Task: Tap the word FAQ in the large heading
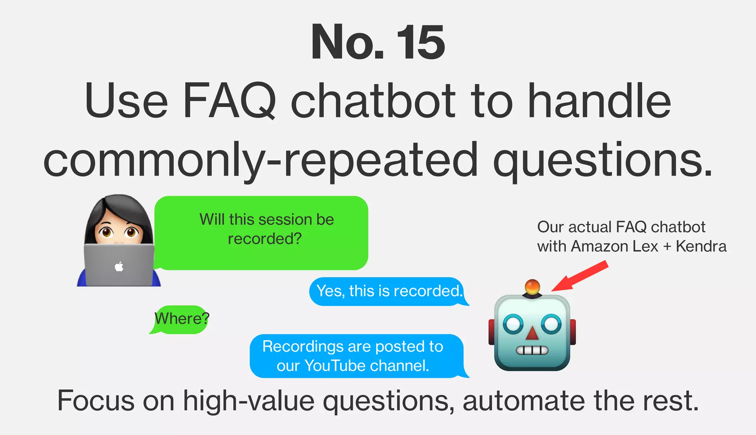(x=229, y=101)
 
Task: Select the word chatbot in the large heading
(x=373, y=101)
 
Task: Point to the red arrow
(x=580, y=276)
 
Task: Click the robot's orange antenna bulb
(x=532, y=287)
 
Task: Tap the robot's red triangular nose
(x=532, y=333)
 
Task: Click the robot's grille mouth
(x=532, y=350)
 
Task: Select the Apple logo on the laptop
(x=119, y=266)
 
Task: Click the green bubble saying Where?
(x=181, y=319)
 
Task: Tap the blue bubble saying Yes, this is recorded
(x=389, y=291)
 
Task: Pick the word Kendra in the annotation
(x=701, y=246)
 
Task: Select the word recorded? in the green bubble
(x=265, y=239)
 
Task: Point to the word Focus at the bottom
(x=96, y=401)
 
